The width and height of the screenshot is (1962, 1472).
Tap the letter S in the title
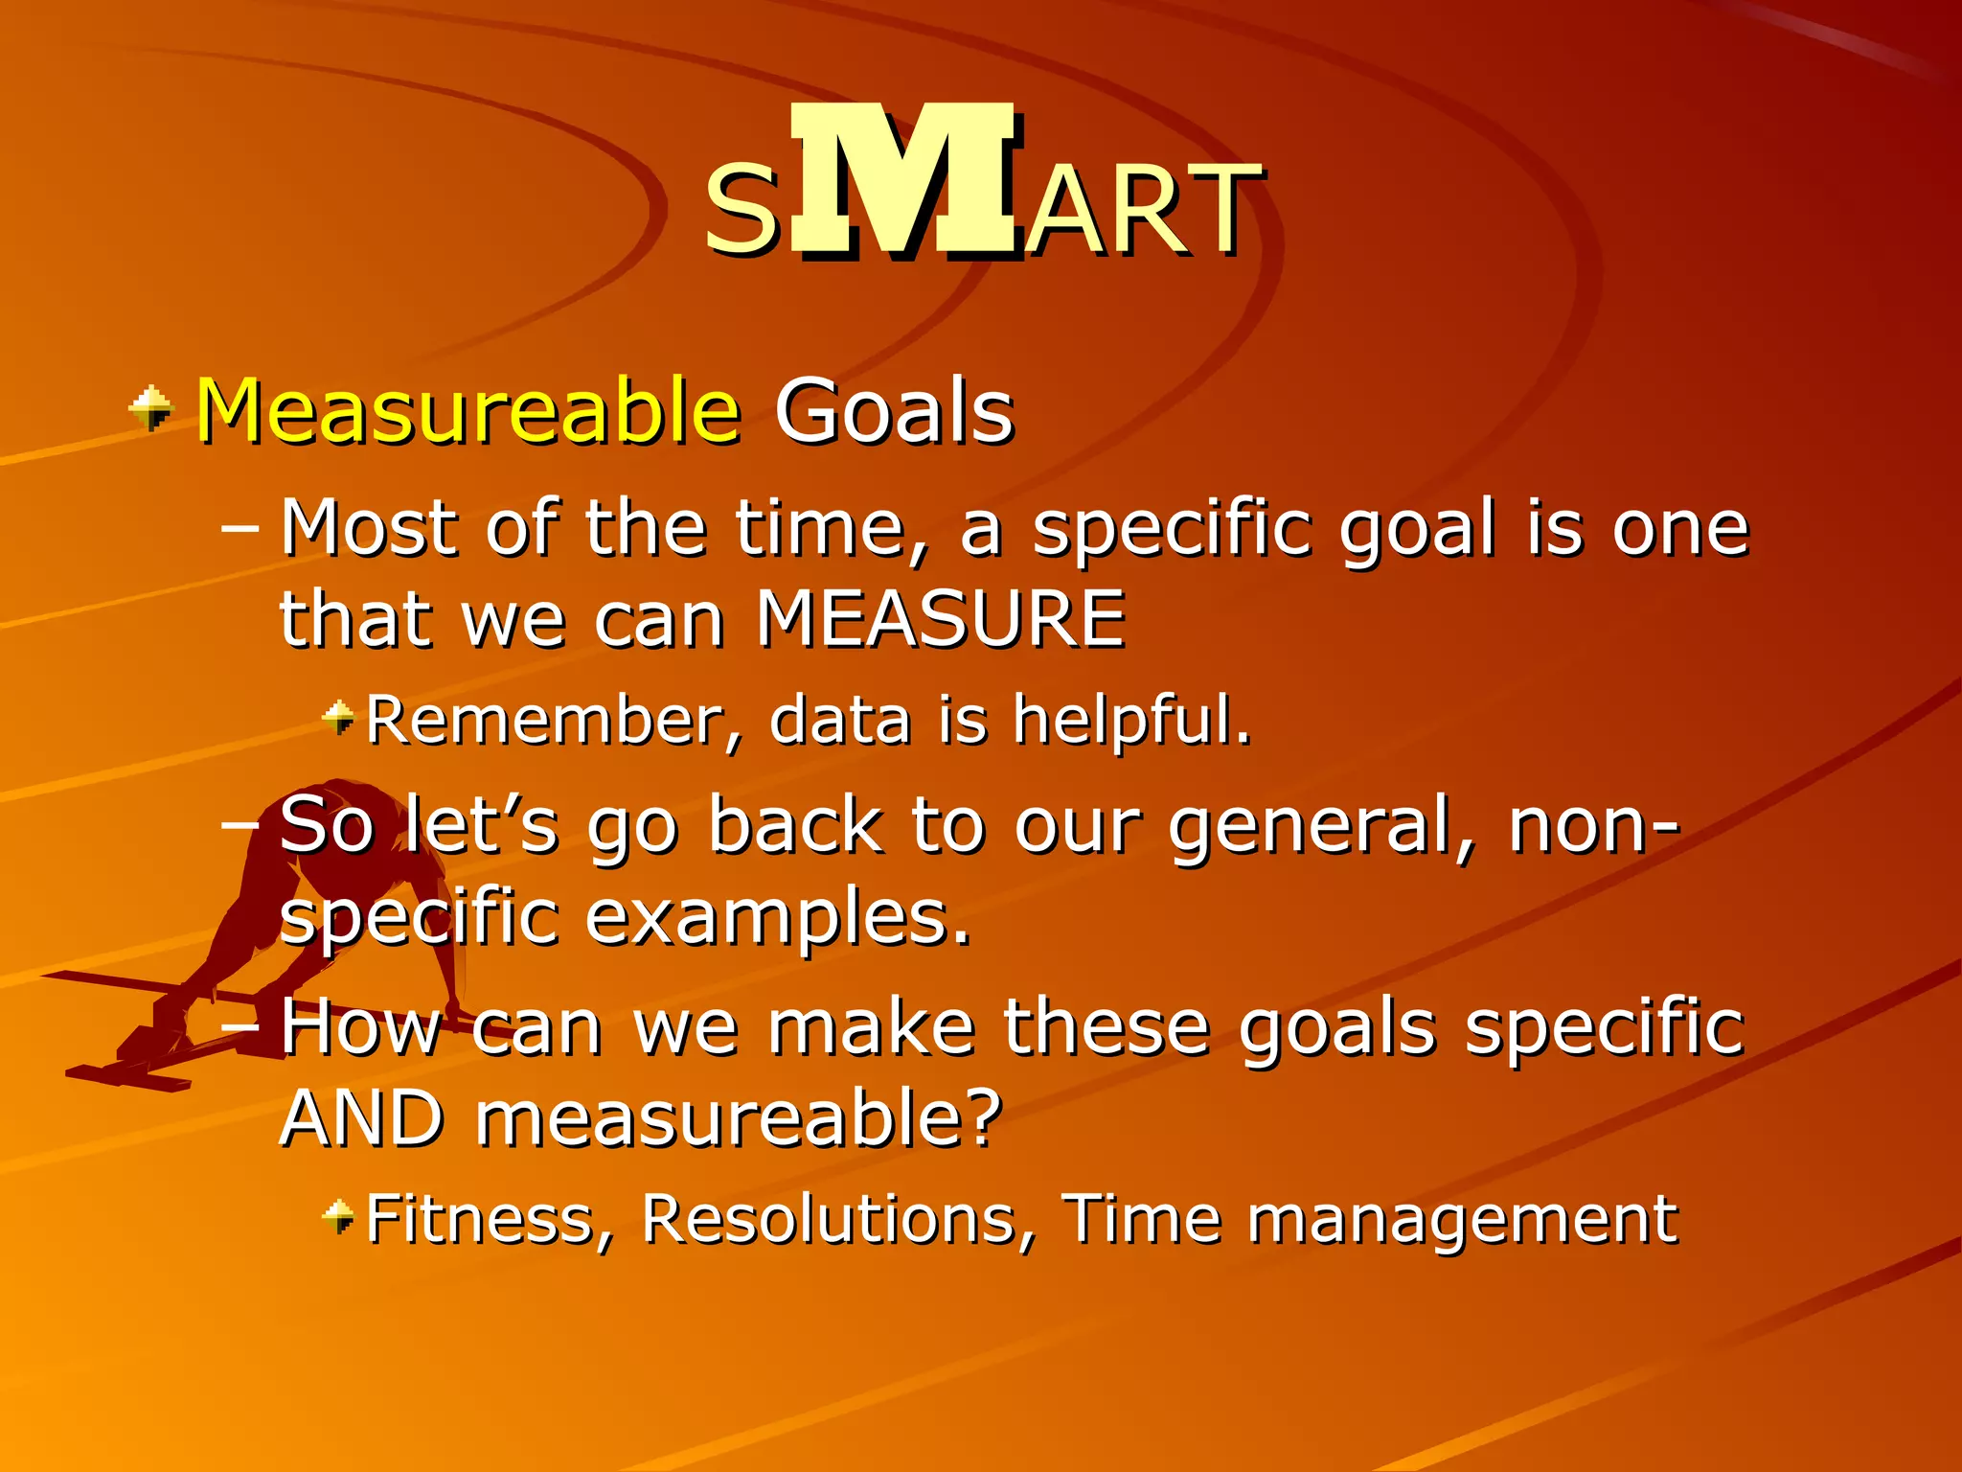[741, 211]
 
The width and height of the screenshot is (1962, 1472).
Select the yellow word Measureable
[468, 412]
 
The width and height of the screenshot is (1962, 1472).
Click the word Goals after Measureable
[893, 412]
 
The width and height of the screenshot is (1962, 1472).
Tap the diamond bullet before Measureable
[151, 409]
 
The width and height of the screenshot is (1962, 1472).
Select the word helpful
[1130, 721]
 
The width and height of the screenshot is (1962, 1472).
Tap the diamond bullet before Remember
[338, 717]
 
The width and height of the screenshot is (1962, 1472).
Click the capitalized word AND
[362, 1119]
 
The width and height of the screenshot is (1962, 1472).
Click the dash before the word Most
[240, 527]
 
